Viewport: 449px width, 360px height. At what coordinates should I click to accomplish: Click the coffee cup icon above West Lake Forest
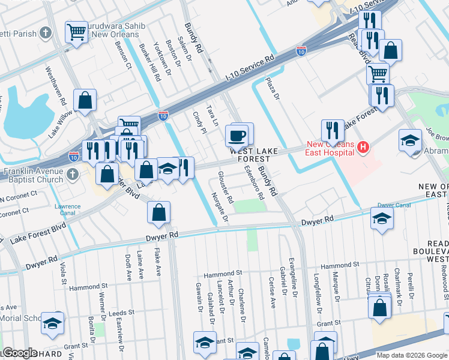tap(237, 135)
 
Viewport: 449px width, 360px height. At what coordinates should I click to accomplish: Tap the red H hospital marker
tap(362, 146)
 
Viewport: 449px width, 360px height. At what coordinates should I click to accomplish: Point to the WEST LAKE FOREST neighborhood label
tap(255, 155)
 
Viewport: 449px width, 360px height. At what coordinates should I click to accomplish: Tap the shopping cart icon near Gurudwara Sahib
tap(77, 32)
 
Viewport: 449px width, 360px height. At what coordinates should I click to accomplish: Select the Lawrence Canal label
tap(68, 210)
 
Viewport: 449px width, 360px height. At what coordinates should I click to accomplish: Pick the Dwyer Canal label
tap(394, 205)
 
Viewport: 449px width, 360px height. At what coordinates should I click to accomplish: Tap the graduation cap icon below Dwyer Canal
tap(382, 219)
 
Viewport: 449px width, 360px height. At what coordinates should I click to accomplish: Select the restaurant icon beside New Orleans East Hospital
tap(331, 130)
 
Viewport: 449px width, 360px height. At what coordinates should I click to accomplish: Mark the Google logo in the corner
tap(19, 353)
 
